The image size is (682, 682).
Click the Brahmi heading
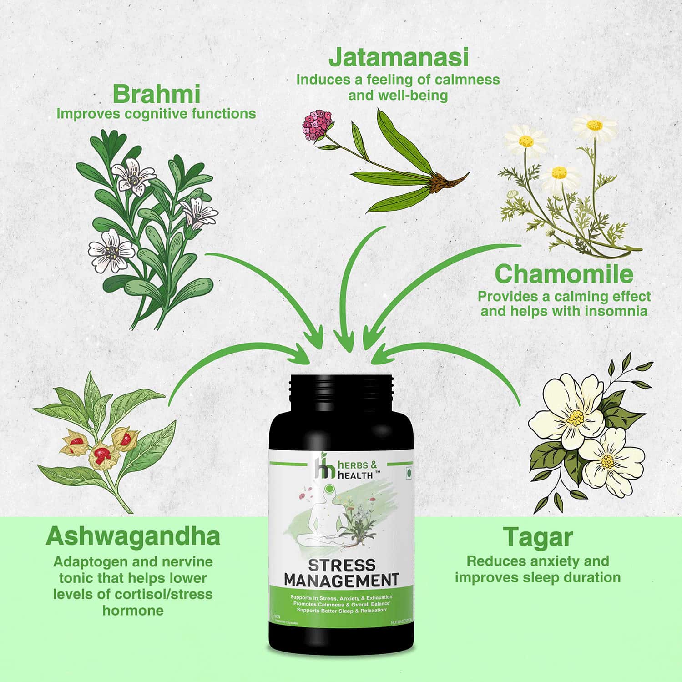tap(156, 95)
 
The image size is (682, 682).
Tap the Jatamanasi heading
tap(398, 58)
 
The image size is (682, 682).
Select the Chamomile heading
tap(564, 274)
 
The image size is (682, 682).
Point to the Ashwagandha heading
tap(133, 536)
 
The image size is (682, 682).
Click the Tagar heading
tap(537, 537)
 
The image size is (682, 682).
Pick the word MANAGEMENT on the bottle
tap(341, 581)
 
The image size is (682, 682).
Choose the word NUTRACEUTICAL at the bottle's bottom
tap(401, 621)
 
